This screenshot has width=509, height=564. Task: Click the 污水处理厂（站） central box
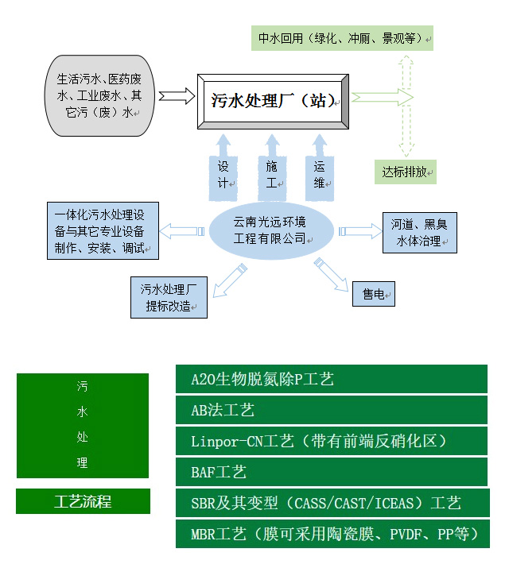[272, 101]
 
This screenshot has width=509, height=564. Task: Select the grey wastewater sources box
[99, 95]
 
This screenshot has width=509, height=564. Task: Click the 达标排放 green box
[406, 172]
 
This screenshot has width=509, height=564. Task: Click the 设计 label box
[223, 176]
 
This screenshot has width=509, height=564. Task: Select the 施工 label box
[272, 176]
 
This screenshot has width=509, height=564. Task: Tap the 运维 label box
[320, 176]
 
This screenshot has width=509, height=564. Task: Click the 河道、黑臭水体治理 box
[419, 233]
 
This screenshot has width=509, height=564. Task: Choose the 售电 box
[374, 295]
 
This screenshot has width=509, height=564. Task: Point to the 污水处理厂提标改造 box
[169, 297]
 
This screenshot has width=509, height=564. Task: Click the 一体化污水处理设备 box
[103, 231]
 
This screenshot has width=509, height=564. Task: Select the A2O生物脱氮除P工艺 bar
[331, 379]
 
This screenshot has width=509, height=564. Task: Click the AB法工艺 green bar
[331, 410]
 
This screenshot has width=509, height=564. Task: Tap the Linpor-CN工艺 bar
[331, 441]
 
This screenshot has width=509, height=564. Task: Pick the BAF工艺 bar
[331, 472]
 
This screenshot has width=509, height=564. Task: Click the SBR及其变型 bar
[331, 503]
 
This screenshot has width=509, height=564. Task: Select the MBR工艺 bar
[331, 534]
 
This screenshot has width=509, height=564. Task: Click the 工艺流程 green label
[83, 501]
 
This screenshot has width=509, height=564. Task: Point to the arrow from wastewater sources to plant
[176, 96]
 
